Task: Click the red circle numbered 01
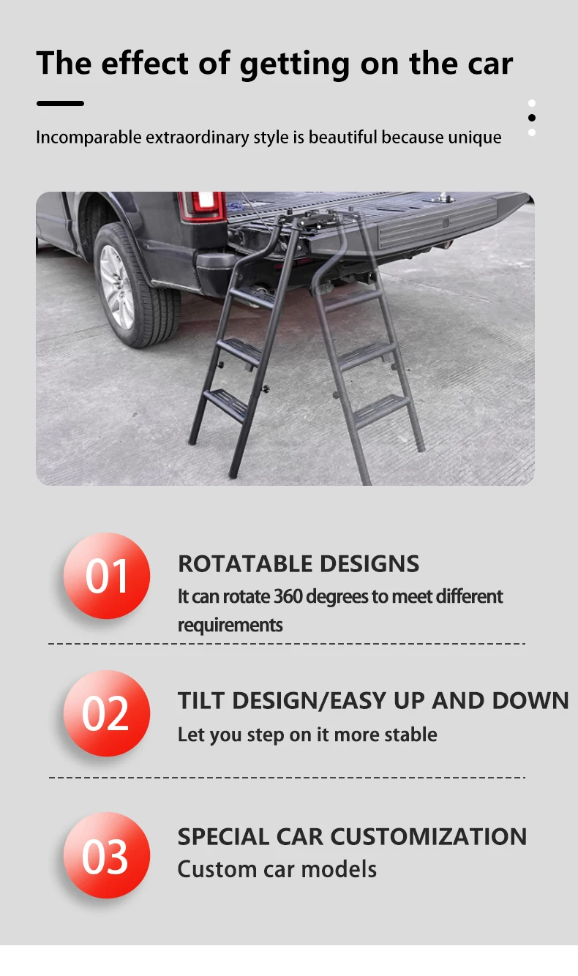[107, 576]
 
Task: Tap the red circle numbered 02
[107, 713]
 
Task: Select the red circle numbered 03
[107, 855]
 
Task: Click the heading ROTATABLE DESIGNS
[299, 564]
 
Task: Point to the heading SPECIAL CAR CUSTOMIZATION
[352, 836]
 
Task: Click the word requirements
[230, 626]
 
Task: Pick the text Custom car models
[277, 869]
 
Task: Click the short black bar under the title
[60, 103]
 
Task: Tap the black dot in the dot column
[532, 118]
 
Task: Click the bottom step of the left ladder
[226, 402]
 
